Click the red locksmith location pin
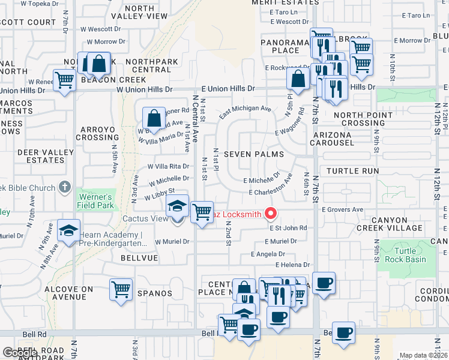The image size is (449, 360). coord(271,213)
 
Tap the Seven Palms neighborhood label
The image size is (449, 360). coord(253,154)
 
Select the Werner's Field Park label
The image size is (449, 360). coord(94,201)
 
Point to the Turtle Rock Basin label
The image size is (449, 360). coord(414,255)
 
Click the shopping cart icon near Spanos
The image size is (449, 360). coord(121,289)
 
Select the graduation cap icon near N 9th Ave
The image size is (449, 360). coord(69,230)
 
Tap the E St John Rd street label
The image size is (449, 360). coord(288,228)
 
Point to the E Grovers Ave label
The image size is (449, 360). coord(342,210)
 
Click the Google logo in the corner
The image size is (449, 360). coord(19,353)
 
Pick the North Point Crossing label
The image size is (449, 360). coord(360,119)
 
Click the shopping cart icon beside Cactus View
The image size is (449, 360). coord(202,212)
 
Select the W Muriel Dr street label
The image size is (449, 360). coord(172,242)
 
